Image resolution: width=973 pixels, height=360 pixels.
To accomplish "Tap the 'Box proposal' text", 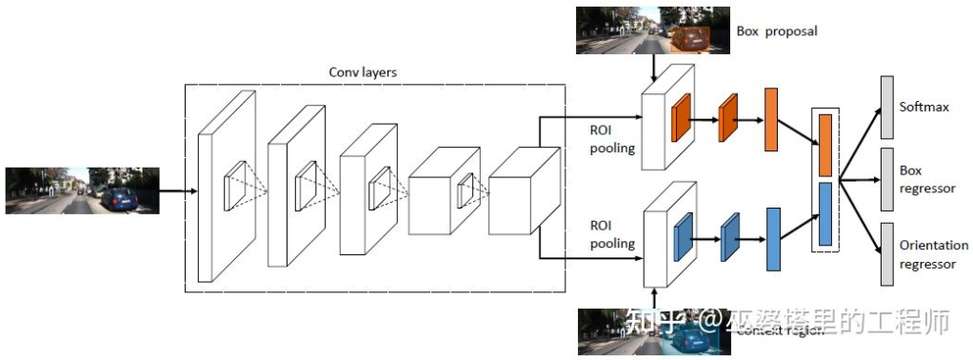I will click(777, 31).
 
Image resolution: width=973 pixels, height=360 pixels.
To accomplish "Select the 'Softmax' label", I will click(924, 107).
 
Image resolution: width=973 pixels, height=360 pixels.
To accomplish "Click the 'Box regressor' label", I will click(926, 180).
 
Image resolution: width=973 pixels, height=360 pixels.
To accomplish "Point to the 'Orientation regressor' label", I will click(933, 254).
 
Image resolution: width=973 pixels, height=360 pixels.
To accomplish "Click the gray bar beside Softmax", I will click(886, 106).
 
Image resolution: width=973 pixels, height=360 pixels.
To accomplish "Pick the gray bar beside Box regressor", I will click(886, 180).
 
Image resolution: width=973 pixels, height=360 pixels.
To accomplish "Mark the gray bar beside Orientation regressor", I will click(886, 254).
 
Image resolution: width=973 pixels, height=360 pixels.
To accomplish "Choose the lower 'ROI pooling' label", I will click(611, 235).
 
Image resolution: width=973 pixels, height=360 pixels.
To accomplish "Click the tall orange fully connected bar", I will click(771, 120).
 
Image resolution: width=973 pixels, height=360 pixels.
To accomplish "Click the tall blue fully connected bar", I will click(773, 237).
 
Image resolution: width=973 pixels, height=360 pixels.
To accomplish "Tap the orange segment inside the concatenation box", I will click(825, 144).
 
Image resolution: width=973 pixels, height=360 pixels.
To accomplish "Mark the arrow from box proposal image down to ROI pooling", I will click(654, 67).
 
